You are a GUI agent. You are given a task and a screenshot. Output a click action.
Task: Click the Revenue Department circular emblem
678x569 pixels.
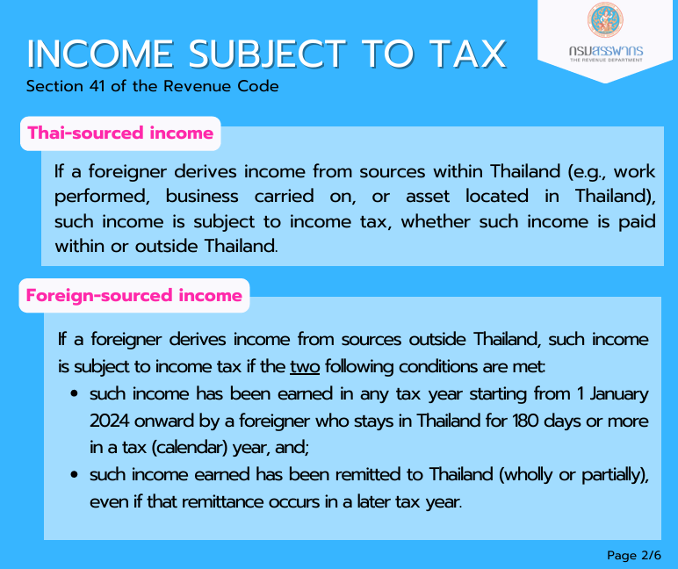coord(605,20)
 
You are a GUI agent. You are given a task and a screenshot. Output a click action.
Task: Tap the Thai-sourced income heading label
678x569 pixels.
coord(120,133)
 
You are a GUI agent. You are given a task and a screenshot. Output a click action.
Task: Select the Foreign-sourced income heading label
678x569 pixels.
coord(134,296)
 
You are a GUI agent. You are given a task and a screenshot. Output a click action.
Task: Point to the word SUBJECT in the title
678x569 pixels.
coord(267,54)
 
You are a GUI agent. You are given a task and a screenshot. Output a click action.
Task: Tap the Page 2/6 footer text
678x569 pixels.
coord(634,555)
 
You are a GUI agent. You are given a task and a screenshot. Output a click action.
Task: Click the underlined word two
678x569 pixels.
coord(305,367)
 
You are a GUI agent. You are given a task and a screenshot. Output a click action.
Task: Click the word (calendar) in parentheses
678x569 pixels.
coord(190,448)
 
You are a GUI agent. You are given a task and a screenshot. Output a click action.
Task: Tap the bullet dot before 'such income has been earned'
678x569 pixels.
coord(75,394)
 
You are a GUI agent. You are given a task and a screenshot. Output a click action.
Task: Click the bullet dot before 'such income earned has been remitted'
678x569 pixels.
coord(75,475)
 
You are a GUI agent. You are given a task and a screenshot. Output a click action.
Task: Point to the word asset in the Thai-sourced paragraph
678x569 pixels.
coord(428,197)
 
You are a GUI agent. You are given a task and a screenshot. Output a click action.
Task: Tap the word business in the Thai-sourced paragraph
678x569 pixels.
coord(202,197)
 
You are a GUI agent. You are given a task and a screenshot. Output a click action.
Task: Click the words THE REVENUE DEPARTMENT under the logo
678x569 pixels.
coord(606,60)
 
